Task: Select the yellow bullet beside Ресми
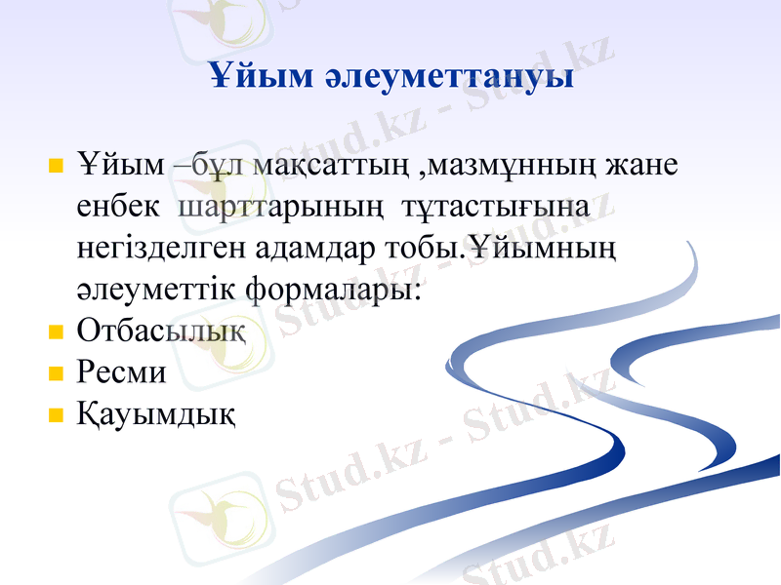56,373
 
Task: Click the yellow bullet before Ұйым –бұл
56,164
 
